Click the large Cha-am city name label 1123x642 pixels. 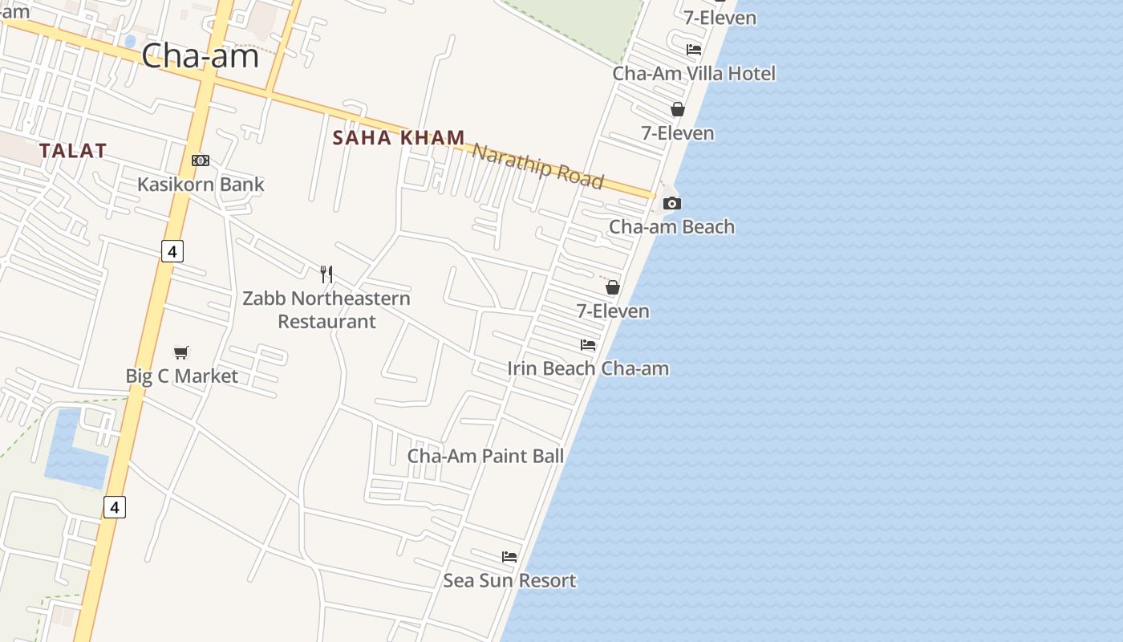click(200, 56)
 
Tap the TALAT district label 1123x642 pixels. click(73, 150)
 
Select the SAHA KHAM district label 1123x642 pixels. click(399, 137)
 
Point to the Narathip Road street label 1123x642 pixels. click(537, 165)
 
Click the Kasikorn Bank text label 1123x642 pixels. click(201, 184)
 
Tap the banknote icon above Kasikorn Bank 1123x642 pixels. click(201, 160)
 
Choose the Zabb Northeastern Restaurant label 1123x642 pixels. click(326, 310)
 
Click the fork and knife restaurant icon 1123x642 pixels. click(326, 274)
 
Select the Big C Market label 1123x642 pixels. click(182, 376)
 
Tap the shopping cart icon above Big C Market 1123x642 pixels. click(181, 352)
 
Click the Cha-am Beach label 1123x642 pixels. click(671, 226)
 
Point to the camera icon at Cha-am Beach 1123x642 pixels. click(672, 204)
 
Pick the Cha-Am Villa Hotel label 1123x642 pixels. click(694, 73)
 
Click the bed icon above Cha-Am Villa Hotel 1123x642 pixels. click(694, 50)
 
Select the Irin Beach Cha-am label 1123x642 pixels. click(588, 368)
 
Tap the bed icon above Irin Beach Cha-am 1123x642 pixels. click(588, 345)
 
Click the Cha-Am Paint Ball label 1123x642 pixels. click(485, 456)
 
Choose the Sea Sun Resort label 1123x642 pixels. click(509, 580)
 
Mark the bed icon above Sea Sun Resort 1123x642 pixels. click(509, 556)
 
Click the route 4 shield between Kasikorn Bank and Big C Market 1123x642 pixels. click(172, 251)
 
